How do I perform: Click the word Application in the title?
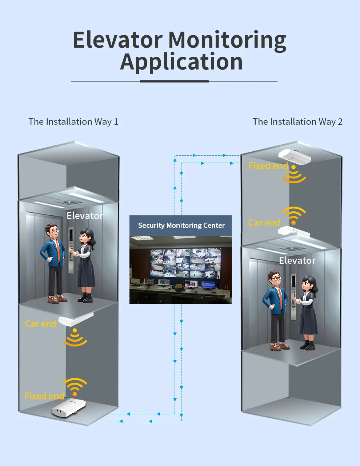coord(181,62)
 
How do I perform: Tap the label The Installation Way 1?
coord(73,122)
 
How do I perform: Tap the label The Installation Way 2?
coord(297,122)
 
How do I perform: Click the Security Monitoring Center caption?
coord(181,226)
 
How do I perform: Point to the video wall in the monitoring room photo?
coord(185,263)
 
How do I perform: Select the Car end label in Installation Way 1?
coord(41,324)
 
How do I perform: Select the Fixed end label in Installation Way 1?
coord(44,396)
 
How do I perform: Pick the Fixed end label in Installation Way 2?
coord(268,166)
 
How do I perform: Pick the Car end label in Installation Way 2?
coord(264,223)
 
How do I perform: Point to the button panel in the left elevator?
coord(71,251)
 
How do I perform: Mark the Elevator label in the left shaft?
coord(85,216)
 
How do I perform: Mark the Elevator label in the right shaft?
coord(297,260)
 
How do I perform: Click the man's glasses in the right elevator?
coord(276,278)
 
